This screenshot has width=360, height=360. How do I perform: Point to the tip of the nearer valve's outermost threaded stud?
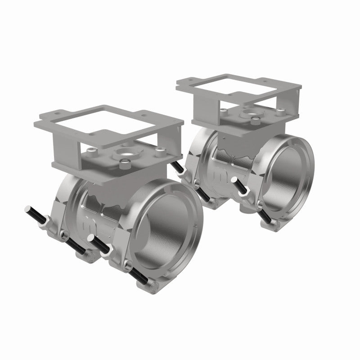[x=28, y=209]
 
